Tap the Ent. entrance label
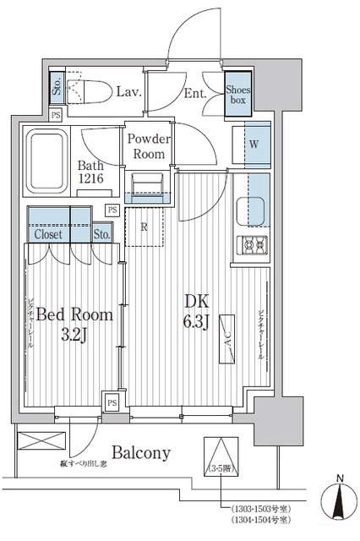(x=197, y=94)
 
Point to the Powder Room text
(x=149, y=146)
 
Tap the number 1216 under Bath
(x=94, y=180)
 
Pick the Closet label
(x=48, y=234)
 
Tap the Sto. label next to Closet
(x=101, y=234)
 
